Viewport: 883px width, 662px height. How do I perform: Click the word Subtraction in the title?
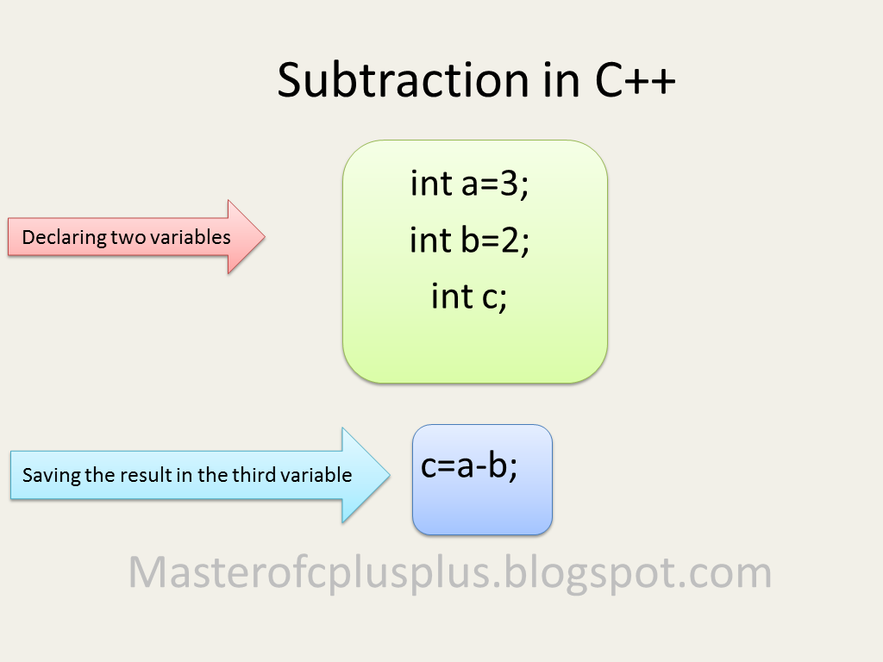(x=402, y=81)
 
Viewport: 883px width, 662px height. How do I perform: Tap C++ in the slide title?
(x=634, y=81)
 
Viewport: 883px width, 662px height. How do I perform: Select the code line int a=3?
(x=469, y=184)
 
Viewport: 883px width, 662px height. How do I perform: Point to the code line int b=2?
(x=469, y=240)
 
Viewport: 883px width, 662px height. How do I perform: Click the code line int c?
(x=469, y=297)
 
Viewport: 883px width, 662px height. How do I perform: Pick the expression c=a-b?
(x=469, y=466)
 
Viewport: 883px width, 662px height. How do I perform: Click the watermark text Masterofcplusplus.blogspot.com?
(x=449, y=572)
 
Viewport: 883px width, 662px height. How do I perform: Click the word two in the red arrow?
(x=126, y=238)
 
